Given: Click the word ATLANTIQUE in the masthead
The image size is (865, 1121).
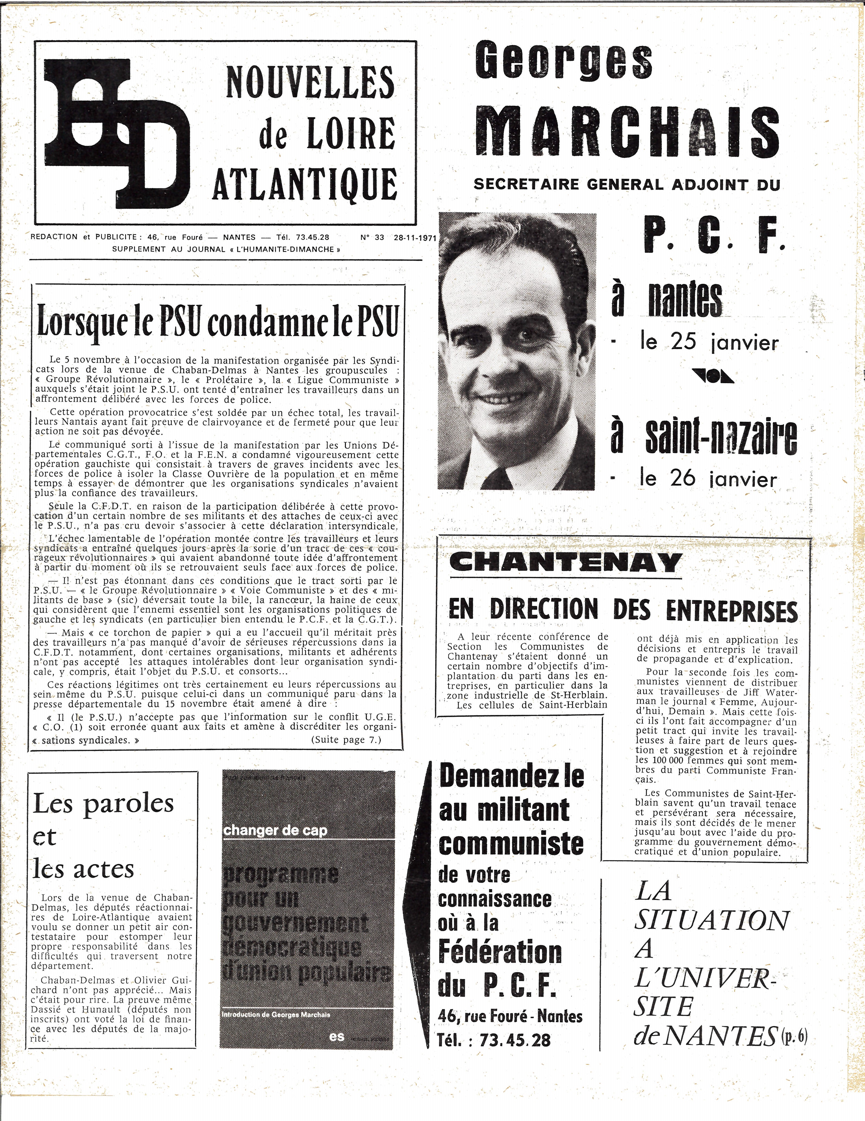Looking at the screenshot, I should pyautogui.click(x=305, y=184).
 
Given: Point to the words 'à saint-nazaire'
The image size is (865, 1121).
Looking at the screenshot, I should pyautogui.click(x=703, y=437).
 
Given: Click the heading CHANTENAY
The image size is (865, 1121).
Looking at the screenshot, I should pyautogui.click(x=565, y=563).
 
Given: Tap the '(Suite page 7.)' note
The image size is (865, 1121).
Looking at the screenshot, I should pyautogui.click(x=346, y=740).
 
